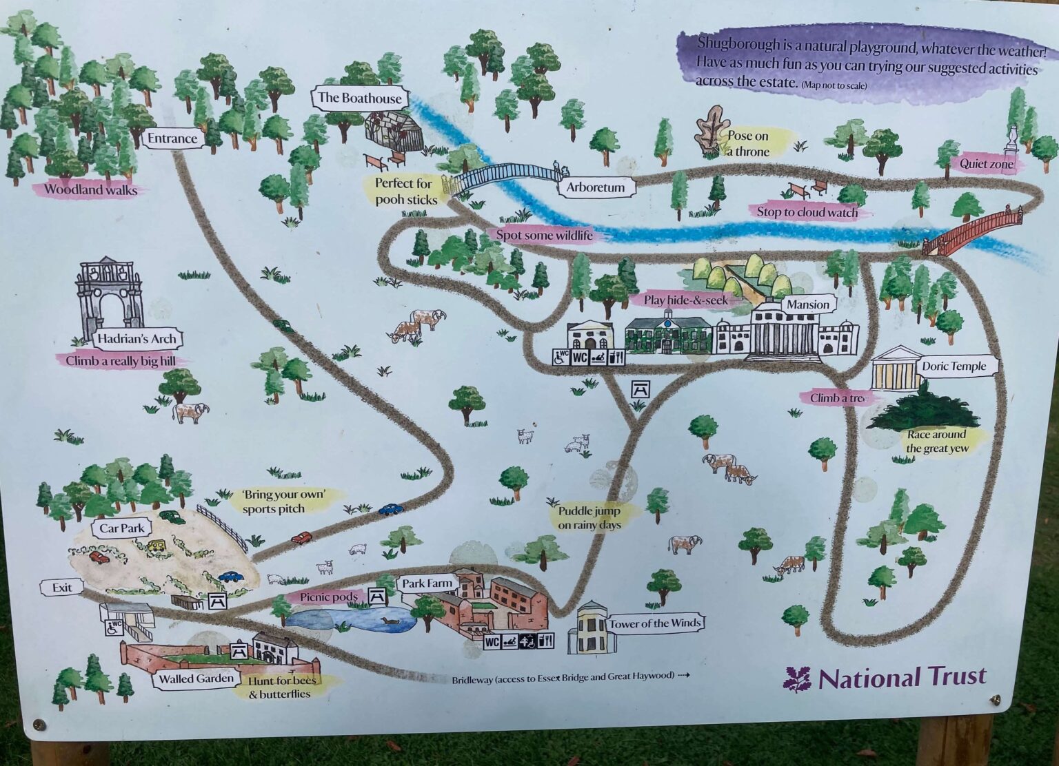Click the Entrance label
click(172, 138)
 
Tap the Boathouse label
click(359, 99)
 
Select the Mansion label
click(807, 304)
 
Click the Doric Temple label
click(955, 366)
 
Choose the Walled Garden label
click(196, 679)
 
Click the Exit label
click(61, 588)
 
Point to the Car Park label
click(121, 529)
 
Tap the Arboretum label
click(596, 187)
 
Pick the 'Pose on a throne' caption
click(748, 143)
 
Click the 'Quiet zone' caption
click(987, 164)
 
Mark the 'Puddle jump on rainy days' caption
click(589, 518)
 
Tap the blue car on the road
click(390, 509)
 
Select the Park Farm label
click(427, 583)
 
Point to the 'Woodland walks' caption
click(90, 189)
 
